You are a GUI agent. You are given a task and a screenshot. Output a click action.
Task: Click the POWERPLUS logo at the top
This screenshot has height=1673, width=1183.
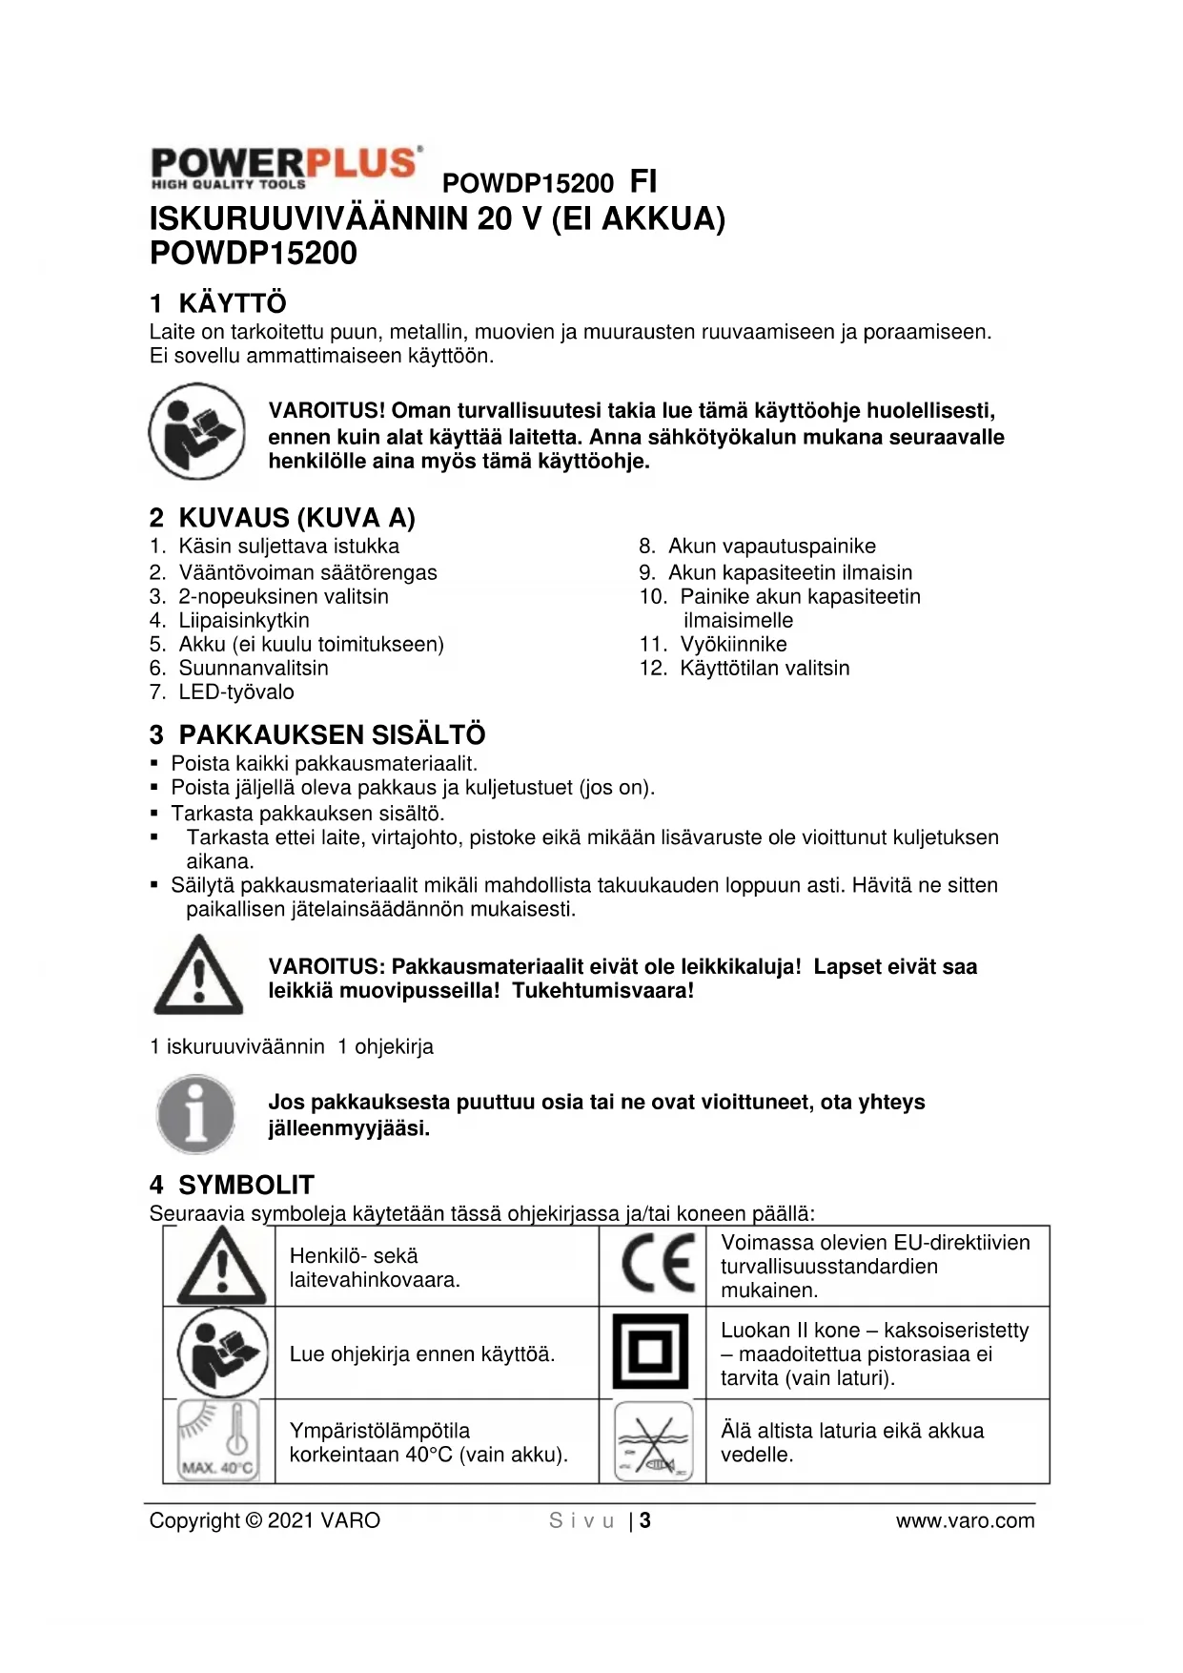coord(284,168)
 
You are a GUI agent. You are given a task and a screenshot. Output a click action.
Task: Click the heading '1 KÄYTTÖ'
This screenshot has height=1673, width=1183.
coord(218,303)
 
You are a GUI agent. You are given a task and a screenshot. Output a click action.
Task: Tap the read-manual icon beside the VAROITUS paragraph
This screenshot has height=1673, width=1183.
coord(196,431)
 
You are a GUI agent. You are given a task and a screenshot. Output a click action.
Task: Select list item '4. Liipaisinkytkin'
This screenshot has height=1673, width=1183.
coord(230,620)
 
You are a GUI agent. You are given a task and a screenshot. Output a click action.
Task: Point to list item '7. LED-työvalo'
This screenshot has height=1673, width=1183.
coord(222,692)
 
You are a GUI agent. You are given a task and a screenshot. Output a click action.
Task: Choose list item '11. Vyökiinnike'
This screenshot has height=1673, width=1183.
coord(713,644)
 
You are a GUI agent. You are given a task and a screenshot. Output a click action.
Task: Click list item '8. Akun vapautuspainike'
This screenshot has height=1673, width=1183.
coord(757,546)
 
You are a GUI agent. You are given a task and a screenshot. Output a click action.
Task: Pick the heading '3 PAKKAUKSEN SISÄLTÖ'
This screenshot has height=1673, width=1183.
coord(317,734)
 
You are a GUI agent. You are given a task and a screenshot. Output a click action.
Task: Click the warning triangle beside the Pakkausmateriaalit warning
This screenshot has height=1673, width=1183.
coord(198,975)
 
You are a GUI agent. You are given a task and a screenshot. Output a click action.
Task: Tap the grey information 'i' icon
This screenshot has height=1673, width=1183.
coord(195,1114)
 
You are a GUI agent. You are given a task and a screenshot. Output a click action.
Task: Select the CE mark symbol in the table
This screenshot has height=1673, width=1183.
coord(656,1264)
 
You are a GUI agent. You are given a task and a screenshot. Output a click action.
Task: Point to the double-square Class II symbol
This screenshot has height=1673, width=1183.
coord(650,1351)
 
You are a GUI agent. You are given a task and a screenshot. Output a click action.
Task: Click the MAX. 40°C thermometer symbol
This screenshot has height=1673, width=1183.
coord(219,1440)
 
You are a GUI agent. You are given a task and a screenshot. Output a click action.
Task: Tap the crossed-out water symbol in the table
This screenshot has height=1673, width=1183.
coord(653,1440)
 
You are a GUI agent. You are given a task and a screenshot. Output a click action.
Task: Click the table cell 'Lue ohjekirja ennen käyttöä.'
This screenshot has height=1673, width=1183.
coord(422,1353)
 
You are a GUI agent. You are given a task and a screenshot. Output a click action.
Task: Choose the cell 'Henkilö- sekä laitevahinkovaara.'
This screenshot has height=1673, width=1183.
coord(375,1268)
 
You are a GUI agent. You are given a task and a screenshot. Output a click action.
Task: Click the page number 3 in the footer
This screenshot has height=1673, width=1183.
coord(645,1520)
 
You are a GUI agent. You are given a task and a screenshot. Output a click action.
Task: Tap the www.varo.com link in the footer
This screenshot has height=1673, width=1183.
coord(965,1520)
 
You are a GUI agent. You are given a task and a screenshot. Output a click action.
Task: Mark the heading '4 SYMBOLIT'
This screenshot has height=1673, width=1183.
coord(232,1185)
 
